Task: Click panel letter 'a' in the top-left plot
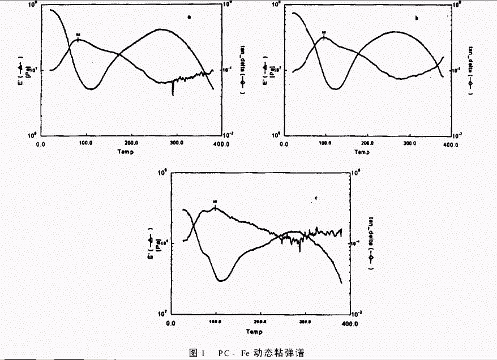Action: (189, 18)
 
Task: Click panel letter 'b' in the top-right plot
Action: (417, 19)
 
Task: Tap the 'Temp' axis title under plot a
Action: (126, 152)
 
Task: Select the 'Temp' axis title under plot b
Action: (360, 152)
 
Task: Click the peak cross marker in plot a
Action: (78, 38)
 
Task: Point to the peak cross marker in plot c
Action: (215, 207)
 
